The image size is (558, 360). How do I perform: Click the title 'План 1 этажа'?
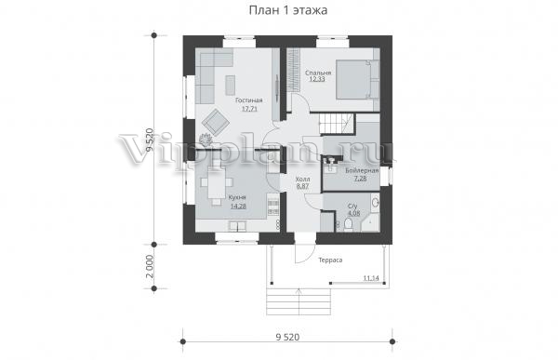point(288,10)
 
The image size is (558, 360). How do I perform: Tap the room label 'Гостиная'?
point(248,100)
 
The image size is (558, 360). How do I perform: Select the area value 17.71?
point(249,109)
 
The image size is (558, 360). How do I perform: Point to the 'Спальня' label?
point(318,73)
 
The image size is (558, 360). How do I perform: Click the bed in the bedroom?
point(357,79)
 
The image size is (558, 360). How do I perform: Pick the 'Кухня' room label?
point(237,197)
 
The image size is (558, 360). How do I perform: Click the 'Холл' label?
point(302,180)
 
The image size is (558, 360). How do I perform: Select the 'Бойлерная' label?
point(362,171)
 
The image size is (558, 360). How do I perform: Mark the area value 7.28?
point(360,179)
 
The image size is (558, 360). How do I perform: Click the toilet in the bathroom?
point(348,224)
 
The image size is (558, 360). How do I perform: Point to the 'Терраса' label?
point(330,260)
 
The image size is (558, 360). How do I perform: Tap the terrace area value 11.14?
point(371,278)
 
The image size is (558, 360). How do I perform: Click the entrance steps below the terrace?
point(299,301)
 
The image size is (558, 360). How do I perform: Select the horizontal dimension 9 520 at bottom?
point(287,337)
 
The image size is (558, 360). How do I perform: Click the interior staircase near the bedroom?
point(337,124)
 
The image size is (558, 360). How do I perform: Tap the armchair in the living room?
point(216,122)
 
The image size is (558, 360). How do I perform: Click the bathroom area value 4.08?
point(353,213)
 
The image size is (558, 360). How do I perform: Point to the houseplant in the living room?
point(206,140)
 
